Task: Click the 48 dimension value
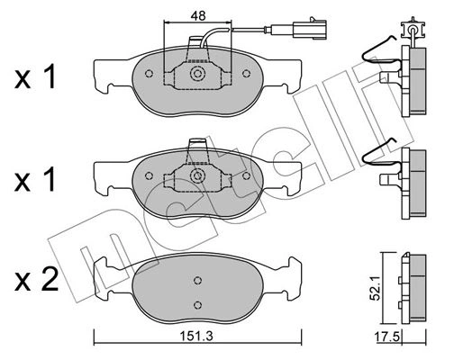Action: [198, 15]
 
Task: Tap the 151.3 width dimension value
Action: [196, 337]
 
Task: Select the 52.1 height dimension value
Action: [375, 288]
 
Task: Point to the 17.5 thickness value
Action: [388, 337]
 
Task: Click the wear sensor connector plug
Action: [310, 29]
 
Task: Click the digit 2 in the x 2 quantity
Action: [50, 280]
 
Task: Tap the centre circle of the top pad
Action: [197, 74]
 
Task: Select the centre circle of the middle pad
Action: [197, 175]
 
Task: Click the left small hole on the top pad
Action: [149, 74]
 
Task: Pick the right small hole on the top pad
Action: [246, 74]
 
